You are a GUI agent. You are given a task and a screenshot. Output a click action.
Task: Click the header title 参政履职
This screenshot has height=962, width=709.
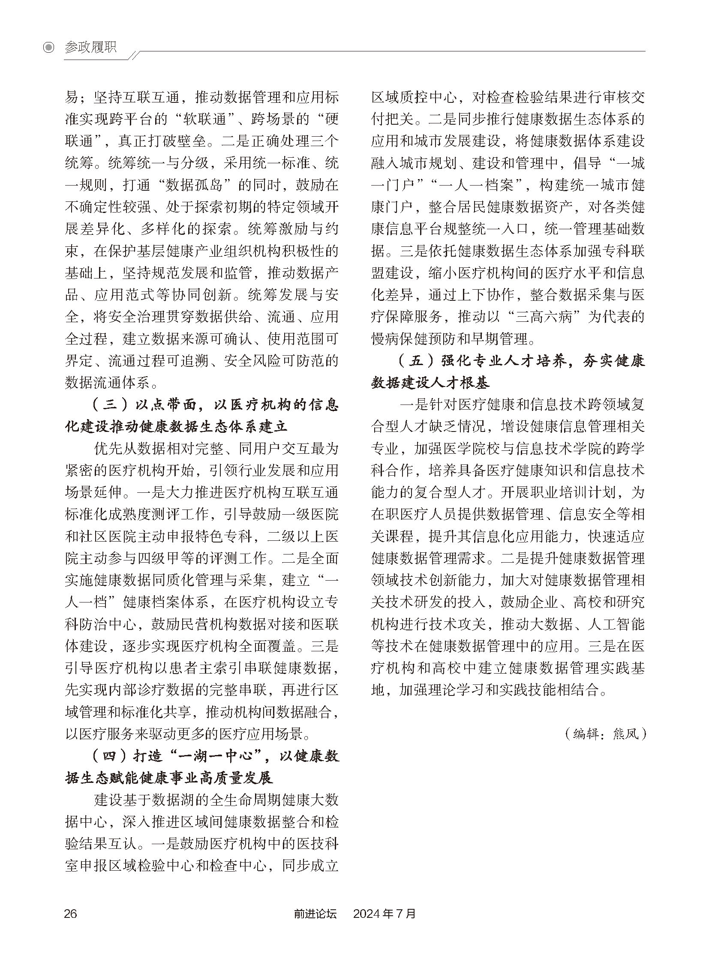90,47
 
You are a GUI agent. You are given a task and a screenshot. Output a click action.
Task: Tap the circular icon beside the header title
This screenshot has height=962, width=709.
49,48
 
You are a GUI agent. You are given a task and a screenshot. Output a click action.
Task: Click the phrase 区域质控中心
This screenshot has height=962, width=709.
414,97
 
